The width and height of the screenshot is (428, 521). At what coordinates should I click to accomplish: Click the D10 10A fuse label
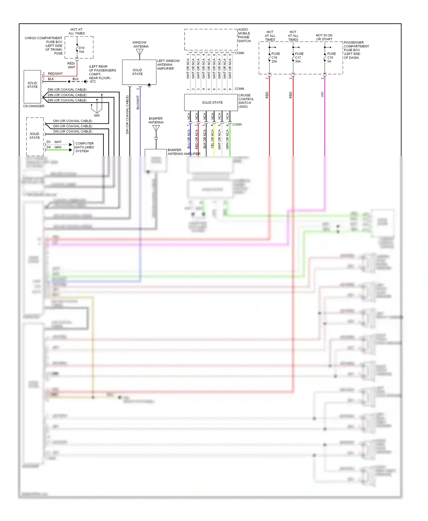[x=82, y=50]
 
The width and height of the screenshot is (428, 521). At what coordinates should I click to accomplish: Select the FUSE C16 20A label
[x=275, y=58]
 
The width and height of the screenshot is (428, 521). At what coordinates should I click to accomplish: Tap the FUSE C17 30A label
[x=299, y=58]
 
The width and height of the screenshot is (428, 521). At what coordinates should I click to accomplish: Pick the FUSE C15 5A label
[x=331, y=58]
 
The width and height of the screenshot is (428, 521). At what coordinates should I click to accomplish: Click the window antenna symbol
[x=140, y=52]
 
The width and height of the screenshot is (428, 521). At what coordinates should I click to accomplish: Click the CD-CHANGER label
[x=34, y=106]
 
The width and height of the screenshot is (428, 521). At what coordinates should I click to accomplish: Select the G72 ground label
[x=92, y=82]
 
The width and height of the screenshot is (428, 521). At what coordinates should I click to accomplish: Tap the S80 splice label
[x=97, y=115]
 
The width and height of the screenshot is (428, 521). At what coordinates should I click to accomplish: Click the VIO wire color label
[x=322, y=94]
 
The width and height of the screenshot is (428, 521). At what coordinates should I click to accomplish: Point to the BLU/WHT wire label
[x=138, y=102]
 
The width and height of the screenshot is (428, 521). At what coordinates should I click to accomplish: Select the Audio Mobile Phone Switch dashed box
[x=211, y=40]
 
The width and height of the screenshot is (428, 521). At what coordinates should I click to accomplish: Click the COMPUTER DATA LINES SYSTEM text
[x=84, y=147]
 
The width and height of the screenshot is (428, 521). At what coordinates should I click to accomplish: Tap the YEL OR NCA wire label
[x=212, y=139]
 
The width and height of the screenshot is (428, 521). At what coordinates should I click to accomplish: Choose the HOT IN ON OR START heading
[x=324, y=37]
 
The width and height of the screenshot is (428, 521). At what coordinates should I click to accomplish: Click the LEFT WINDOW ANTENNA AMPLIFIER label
[x=168, y=65]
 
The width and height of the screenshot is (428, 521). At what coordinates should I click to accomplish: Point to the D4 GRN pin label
[x=54, y=147]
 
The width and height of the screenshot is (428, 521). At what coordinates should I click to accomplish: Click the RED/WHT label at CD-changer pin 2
[x=55, y=74]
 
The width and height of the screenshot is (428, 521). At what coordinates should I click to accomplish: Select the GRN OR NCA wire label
[x=227, y=139]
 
